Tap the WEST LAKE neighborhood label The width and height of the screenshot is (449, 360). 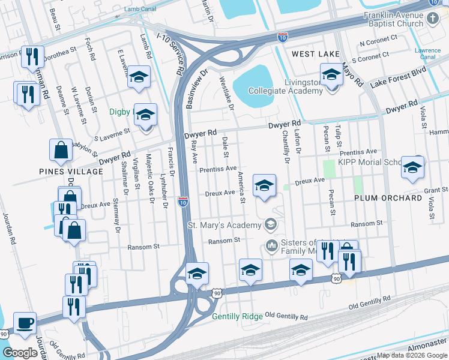tap(316, 54)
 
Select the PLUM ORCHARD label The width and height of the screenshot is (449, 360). tap(388, 198)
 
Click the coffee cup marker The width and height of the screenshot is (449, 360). tap(25, 323)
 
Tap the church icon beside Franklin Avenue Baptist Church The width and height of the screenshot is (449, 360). tap(434, 19)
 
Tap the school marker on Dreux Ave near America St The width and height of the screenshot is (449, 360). tap(265, 186)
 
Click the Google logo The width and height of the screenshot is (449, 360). tap(20, 352)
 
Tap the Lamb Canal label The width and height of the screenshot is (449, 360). tap(139, 9)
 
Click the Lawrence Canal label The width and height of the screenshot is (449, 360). tap(428, 53)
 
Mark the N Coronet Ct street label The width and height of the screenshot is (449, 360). tap(378, 44)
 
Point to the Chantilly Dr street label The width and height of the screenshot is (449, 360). tap(285, 149)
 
